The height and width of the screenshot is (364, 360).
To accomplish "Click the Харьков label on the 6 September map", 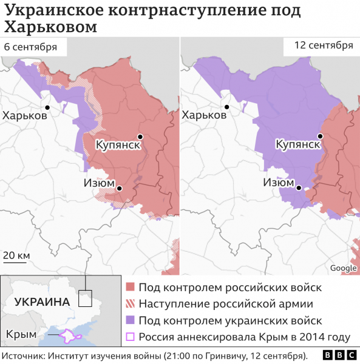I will pyautogui.click(x=25, y=115).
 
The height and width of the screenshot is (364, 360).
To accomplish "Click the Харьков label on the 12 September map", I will pyautogui.click(x=205, y=115).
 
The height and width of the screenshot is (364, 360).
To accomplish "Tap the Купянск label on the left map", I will pyautogui.click(x=118, y=145).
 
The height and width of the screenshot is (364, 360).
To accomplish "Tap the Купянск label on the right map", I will pyautogui.click(x=298, y=145).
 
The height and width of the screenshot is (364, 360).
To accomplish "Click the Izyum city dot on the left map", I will pyautogui.click(x=120, y=189).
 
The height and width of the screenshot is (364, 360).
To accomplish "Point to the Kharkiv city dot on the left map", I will pyautogui.click(x=63, y=107).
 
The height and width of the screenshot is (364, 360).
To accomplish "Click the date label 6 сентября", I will pyautogui.click(x=30, y=47).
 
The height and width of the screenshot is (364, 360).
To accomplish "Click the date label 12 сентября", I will pyautogui.click(x=324, y=45).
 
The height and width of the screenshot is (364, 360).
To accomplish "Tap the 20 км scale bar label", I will pyautogui.click(x=16, y=255).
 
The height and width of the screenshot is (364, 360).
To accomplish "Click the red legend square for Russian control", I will pyautogui.click(x=130, y=288).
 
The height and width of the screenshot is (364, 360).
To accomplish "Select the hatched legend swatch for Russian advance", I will pyautogui.click(x=130, y=304).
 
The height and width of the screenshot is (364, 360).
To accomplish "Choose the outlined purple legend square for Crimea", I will pyautogui.click(x=130, y=337).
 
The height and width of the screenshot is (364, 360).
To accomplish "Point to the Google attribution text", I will pyautogui.click(x=343, y=268).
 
